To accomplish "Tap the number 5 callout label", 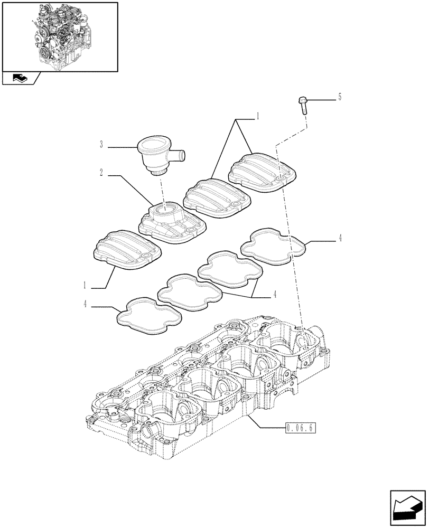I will pyautogui.click(x=340, y=97).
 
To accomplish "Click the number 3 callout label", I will pyautogui.click(x=101, y=145).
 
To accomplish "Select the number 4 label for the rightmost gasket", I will pyautogui.click(x=340, y=239).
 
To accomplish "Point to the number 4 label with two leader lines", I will pyautogui.click(x=274, y=294).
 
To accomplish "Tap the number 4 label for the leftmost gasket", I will pyautogui.click(x=85, y=304).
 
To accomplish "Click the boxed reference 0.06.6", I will pyautogui.click(x=300, y=428).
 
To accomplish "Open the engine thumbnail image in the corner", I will pyautogui.click(x=60, y=36).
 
